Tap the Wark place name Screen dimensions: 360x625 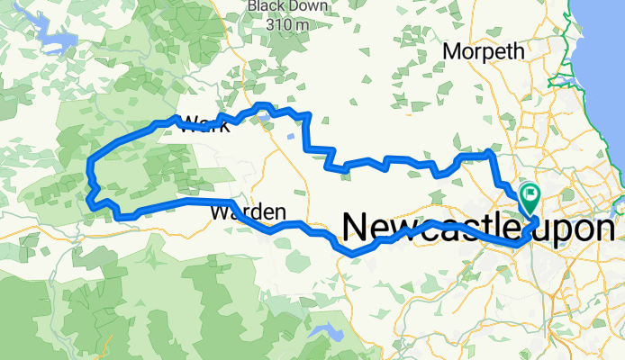[x=205, y=125]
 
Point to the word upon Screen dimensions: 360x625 [x=578, y=227]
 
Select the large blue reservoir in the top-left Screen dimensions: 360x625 [x=56, y=42]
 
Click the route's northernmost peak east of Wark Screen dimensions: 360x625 [x=262, y=105]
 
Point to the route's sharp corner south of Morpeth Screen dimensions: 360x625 [x=490, y=153]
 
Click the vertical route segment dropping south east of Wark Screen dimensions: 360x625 [x=309, y=131]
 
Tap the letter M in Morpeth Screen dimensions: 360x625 [x=451, y=52]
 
